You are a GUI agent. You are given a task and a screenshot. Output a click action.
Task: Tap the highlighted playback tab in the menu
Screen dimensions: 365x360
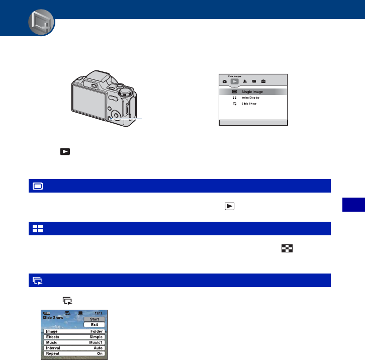pyautogui.click(x=234, y=81)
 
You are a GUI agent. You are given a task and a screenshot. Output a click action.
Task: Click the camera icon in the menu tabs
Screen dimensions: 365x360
pyautogui.click(x=224, y=81)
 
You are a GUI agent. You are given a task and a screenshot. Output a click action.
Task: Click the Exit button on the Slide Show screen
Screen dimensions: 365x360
pyautogui.click(x=95, y=325)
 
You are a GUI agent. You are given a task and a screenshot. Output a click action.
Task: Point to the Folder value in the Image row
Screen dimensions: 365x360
pyautogui.click(x=96, y=331)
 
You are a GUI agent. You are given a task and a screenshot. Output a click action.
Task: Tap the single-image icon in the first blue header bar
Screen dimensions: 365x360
pyautogui.click(x=38, y=186)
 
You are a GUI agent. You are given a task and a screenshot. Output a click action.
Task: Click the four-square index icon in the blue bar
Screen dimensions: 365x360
pyautogui.click(x=38, y=229)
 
